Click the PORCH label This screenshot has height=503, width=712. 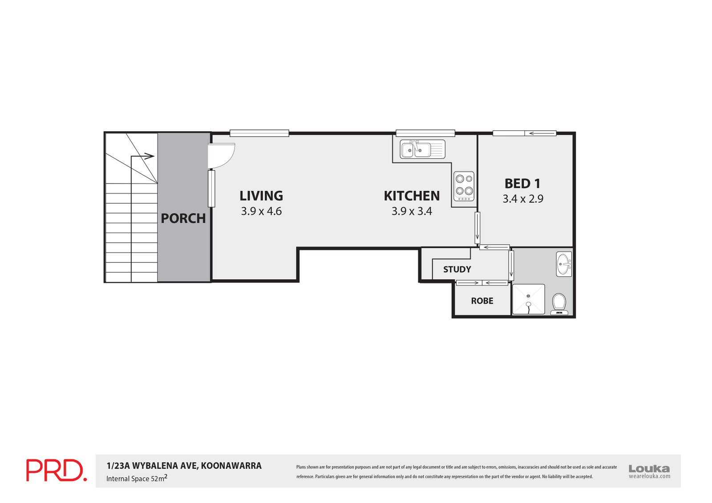coord(183,218)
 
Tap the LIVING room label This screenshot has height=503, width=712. coord(261,196)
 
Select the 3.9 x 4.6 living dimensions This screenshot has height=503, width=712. coord(261,211)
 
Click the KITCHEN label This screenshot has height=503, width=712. coord(412,196)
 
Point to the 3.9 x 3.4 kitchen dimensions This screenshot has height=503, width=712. coord(412,211)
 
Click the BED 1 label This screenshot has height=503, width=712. coord(522,183)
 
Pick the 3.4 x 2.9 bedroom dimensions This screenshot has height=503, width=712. coord(523,199)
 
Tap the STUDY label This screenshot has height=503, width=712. coord(457,270)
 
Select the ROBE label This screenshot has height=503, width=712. coord(482,301)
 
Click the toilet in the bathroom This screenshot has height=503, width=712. coord(559,303)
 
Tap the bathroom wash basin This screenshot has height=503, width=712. coord(564,264)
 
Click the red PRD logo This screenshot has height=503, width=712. coord(56,470)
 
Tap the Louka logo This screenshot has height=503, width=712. coord(649,469)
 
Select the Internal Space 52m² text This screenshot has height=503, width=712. coord(136,479)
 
